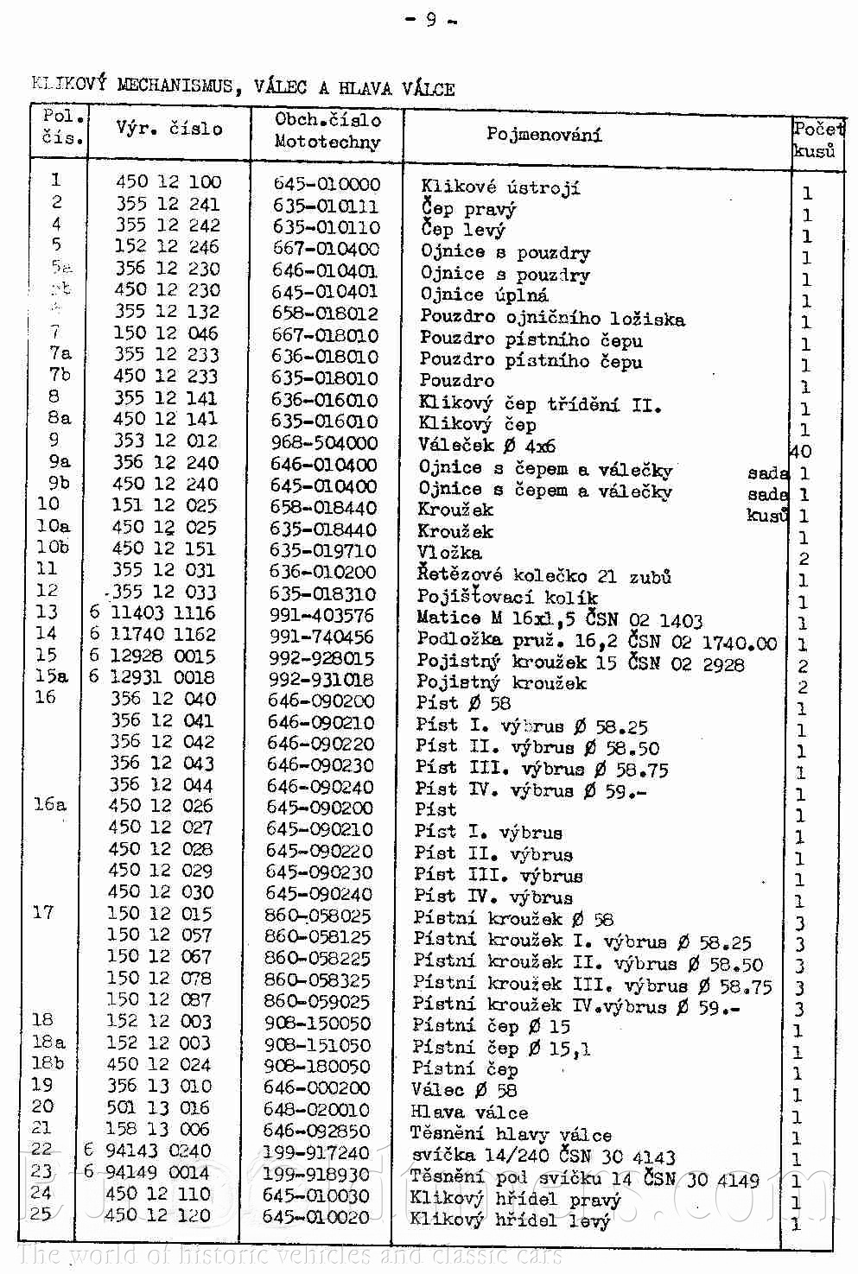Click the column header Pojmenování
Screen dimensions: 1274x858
[x=544, y=134]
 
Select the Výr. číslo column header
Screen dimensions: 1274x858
[x=169, y=129]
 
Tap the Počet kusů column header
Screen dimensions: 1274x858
[x=817, y=138]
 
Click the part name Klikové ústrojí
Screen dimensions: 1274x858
[x=500, y=187]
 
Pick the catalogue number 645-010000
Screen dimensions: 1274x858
[x=327, y=184]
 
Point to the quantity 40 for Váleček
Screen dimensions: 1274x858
[x=801, y=451]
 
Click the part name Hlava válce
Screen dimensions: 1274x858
[x=468, y=1112]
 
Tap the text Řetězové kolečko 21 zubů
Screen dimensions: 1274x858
[x=543, y=575]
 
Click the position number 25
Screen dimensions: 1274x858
[x=41, y=1214]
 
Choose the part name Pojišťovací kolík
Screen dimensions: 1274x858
[x=506, y=597]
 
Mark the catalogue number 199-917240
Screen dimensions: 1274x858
[x=317, y=1152]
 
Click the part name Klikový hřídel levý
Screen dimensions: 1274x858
[x=510, y=1220]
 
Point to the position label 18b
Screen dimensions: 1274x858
[x=48, y=1063]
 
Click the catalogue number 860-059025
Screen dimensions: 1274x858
[x=317, y=1002]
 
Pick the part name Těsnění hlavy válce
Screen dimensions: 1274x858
[x=511, y=1134]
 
